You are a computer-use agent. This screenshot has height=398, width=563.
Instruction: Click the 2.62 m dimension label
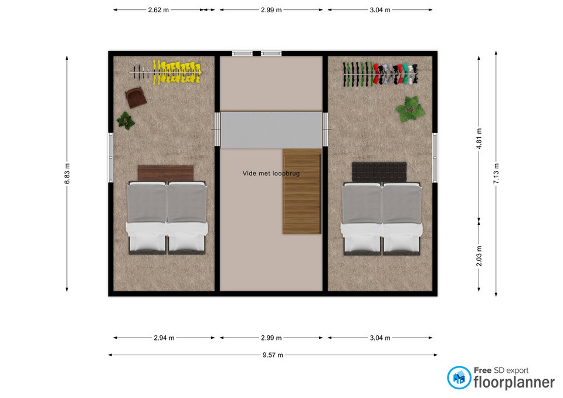pos(158,10)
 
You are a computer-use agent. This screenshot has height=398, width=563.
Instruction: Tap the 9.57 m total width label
pos(273,355)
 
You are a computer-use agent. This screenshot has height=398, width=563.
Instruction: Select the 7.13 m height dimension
pos(496,174)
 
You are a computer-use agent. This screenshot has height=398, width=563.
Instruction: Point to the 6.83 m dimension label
pos(67,174)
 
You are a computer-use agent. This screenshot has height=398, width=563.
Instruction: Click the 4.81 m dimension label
pos(479,138)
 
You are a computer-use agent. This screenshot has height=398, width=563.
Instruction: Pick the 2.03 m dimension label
pos(479,256)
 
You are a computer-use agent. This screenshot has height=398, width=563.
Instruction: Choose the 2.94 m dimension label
pos(164,338)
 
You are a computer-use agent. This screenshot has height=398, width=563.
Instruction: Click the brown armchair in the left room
pos(135,97)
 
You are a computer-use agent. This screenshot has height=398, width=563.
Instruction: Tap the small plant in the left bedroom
pos(126,121)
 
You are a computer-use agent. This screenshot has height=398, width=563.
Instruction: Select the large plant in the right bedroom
pos(411,109)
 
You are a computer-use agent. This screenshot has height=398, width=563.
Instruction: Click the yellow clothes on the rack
pos(177,73)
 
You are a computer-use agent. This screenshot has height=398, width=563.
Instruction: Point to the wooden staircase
pos(301,191)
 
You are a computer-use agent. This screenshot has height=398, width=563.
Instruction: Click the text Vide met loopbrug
pos(271,174)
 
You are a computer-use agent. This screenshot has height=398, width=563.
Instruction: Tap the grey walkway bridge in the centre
pos(271,130)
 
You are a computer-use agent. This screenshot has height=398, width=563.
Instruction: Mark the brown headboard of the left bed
pos(165,173)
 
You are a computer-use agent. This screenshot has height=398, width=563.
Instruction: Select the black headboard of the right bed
pos(379,172)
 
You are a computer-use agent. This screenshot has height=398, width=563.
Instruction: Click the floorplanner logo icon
pos(459,377)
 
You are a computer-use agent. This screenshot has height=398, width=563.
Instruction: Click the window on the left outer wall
pos(111,157)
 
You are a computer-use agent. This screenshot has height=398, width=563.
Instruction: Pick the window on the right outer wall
pos(435,157)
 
